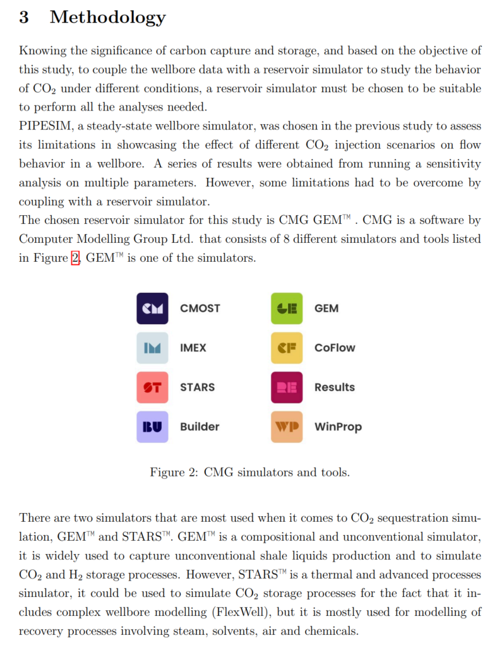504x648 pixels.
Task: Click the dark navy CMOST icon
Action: click(152, 309)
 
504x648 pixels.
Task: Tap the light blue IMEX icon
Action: click(152, 348)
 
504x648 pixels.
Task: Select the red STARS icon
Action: click(152, 387)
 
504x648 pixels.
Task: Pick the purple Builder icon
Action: click(152, 427)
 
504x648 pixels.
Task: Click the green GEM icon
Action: click(287, 309)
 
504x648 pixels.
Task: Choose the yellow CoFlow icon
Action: click(287, 348)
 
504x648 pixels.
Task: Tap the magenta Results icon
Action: click(287, 387)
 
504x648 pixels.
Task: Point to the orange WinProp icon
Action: click(287, 427)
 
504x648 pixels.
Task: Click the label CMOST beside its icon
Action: click(200, 309)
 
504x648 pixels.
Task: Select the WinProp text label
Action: click(338, 427)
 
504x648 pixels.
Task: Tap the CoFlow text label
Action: click(335, 348)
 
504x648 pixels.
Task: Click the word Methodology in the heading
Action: click(107, 17)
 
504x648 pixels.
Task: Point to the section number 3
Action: click(24, 17)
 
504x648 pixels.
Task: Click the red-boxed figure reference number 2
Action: click(75, 258)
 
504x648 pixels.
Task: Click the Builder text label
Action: click(200, 427)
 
